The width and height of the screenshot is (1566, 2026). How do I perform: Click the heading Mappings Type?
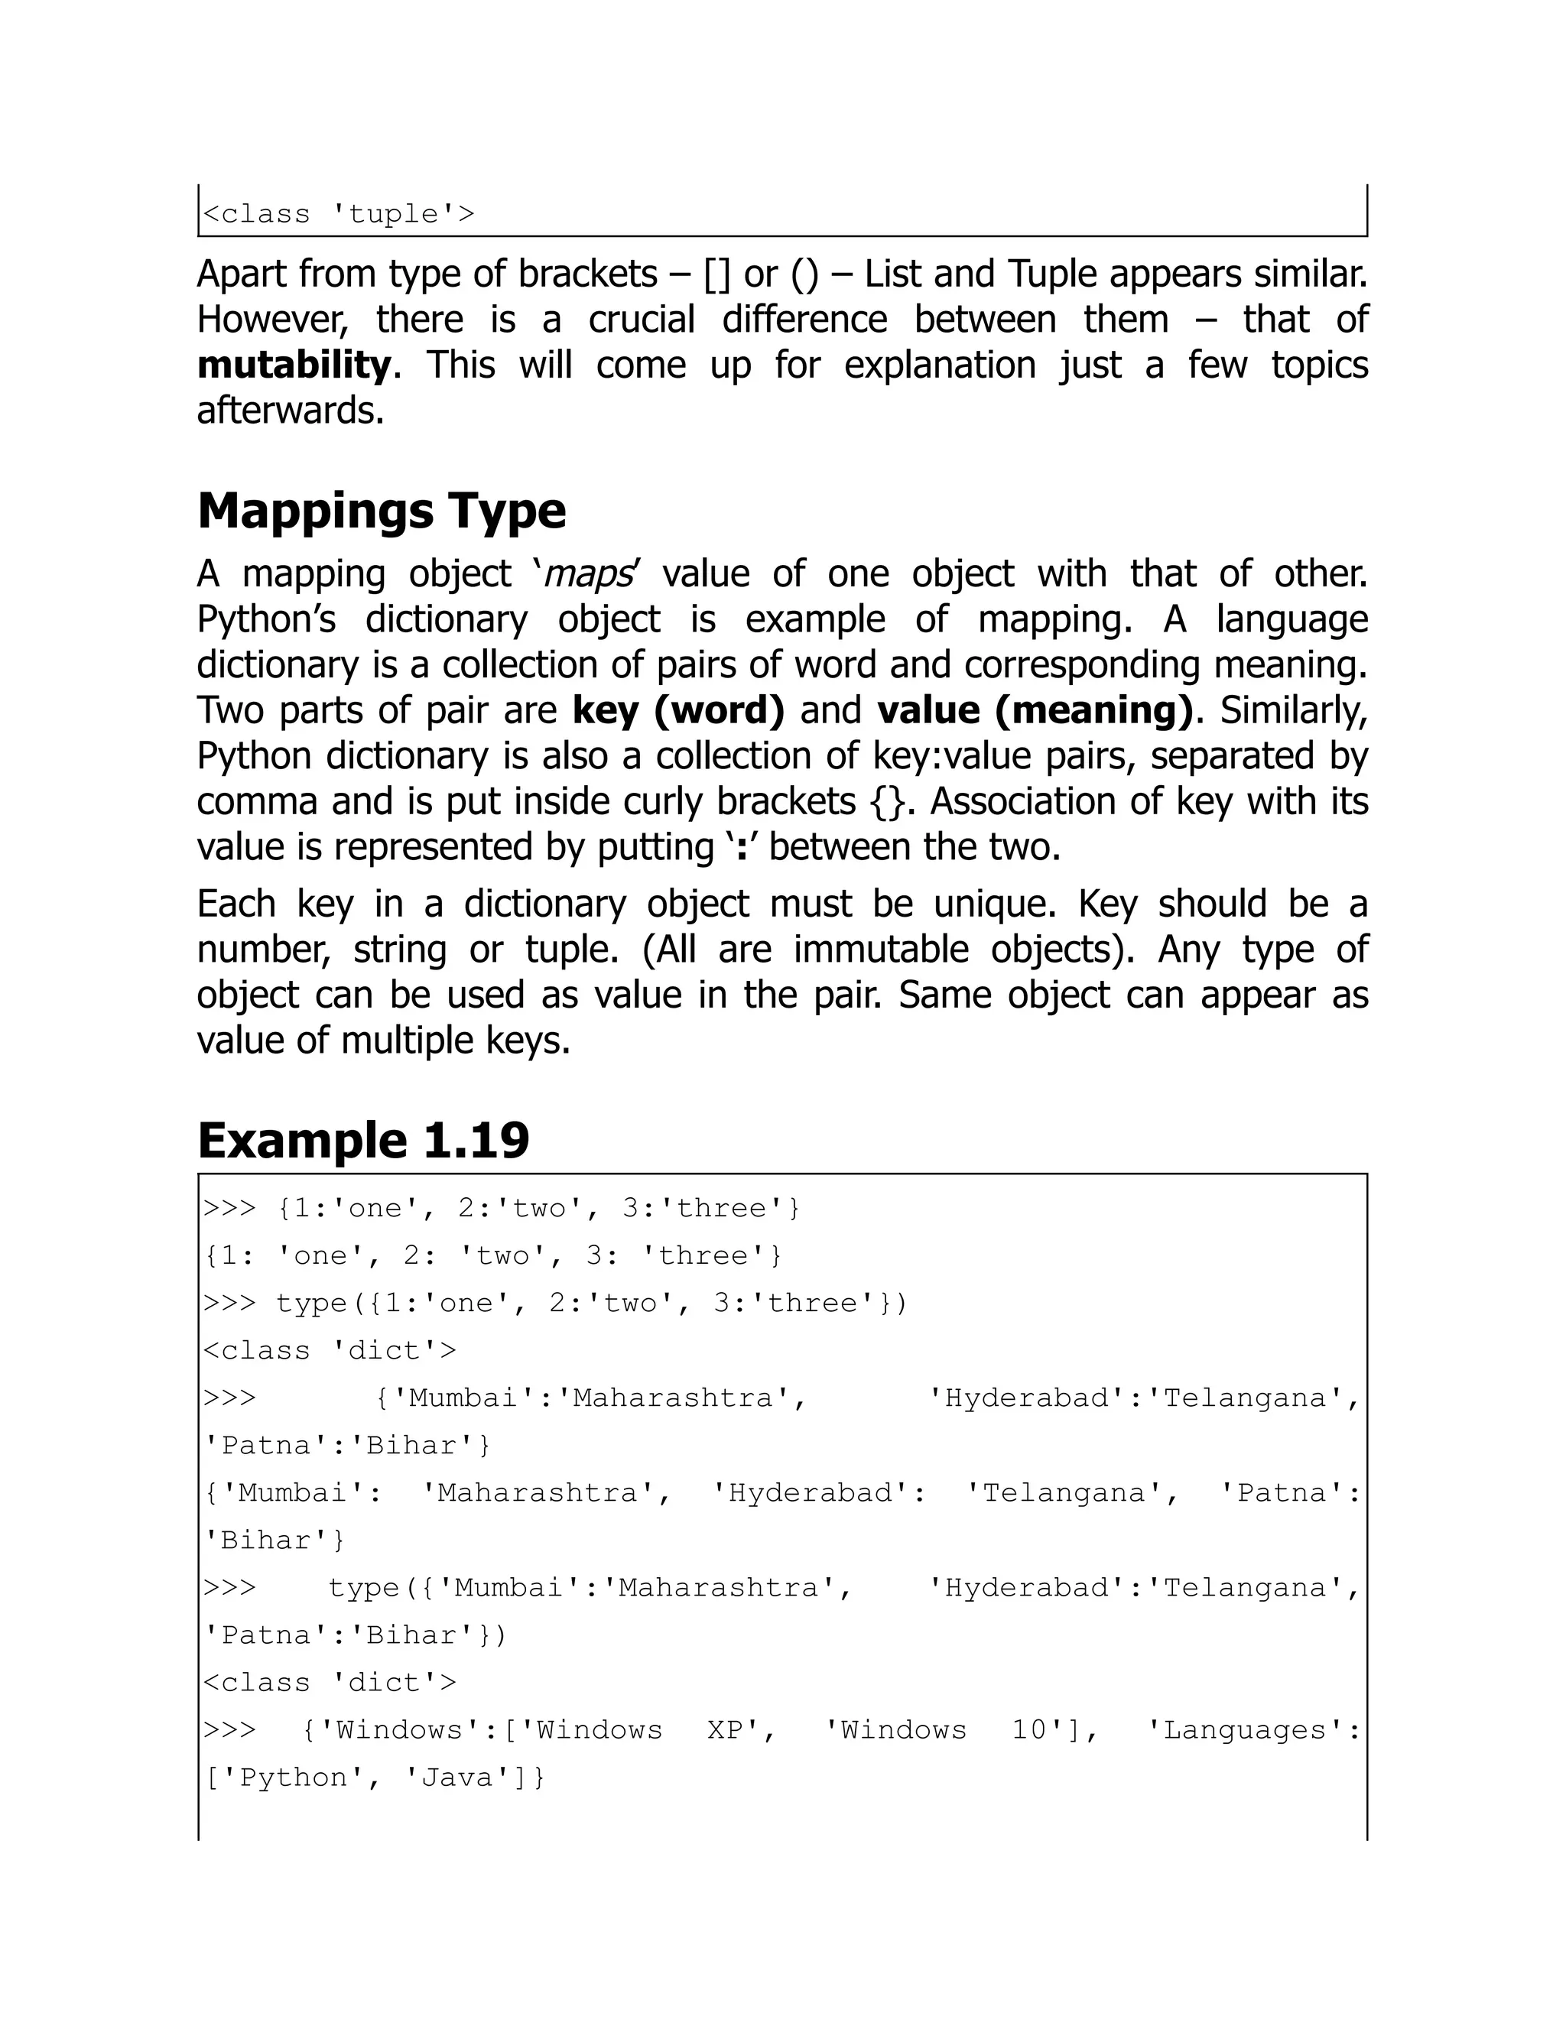click(382, 512)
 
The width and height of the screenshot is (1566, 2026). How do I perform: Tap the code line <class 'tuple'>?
click(339, 214)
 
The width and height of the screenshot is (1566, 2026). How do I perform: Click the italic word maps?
click(587, 573)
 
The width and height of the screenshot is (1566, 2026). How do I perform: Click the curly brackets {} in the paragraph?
click(887, 801)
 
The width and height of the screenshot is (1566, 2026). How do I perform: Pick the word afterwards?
click(291, 410)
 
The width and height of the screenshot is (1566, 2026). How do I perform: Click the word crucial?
click(641, 319)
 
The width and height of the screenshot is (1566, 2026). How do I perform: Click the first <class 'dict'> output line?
click(330, 1351)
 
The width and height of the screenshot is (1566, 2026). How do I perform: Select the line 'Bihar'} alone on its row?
click(275, 1540)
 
